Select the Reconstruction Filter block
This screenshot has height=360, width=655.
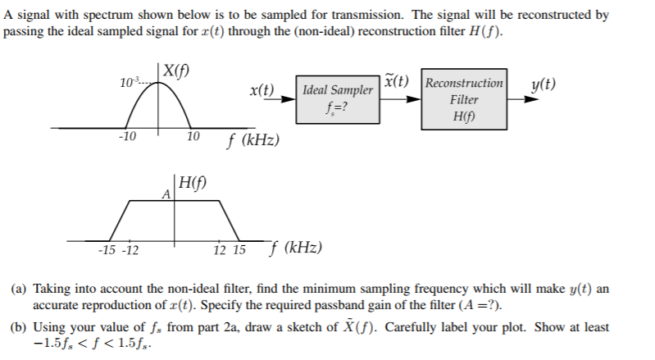tap(464, 98)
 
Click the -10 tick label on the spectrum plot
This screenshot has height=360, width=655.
tap(127, 136)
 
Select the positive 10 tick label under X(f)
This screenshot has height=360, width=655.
tap(193, 136)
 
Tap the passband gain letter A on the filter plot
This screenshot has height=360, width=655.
tap(166, 195)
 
